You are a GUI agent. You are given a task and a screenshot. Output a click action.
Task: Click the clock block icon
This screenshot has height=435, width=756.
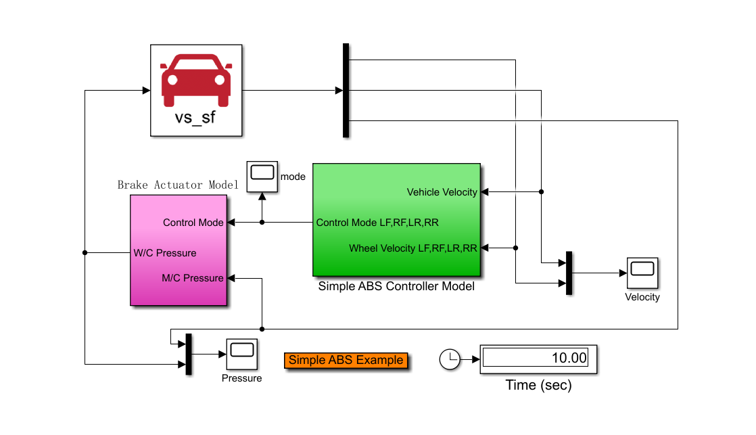(450, 359)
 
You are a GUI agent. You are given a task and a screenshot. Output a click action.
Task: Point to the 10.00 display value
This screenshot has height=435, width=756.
(569, 358)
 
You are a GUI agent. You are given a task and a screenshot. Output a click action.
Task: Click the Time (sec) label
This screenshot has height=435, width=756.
(538, 386)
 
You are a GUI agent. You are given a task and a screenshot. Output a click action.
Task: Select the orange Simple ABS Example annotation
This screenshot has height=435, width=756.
(346, 360)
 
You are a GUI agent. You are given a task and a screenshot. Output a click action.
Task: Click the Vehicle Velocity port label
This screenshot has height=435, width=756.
(442, 192)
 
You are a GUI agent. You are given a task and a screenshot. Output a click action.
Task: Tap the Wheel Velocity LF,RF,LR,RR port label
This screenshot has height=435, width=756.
(412, 248)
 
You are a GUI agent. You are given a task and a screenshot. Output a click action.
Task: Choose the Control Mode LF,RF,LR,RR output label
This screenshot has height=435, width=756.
(381, 222)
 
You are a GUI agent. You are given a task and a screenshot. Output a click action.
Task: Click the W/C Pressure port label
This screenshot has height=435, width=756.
(165, 253)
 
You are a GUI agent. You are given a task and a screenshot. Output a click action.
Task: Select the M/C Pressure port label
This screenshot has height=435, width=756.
(193, 278)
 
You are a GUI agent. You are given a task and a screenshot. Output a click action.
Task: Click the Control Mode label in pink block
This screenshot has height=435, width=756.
(193, 223)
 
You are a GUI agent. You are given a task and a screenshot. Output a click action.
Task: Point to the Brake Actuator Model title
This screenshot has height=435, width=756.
(178, 185)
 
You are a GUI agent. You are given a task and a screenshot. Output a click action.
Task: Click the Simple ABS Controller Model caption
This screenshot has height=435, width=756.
(396, 286)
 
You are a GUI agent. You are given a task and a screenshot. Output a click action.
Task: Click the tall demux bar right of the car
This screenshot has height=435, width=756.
(346, 91)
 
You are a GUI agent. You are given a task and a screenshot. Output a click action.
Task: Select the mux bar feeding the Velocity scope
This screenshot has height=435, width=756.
(569, 273)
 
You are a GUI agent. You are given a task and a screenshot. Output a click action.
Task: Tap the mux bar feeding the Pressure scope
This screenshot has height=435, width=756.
(189, 354)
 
